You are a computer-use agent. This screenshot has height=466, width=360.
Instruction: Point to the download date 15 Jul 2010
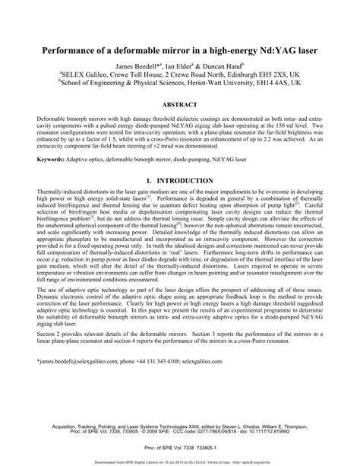pos(164,461)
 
